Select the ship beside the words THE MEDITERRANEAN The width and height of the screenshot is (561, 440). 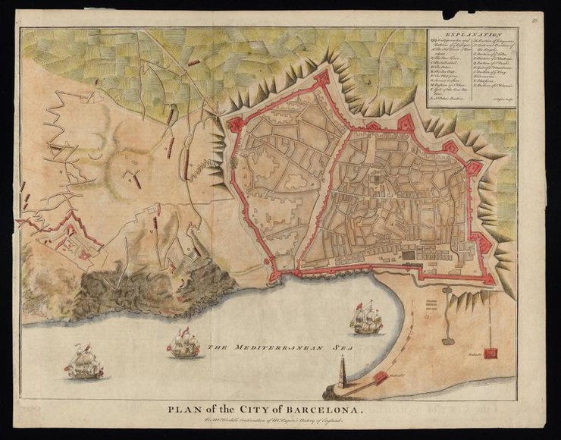click(x=183, y=344)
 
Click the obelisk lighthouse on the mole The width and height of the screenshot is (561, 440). click(x=342, y=372)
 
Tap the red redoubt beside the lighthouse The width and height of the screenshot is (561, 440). click(x=381, y=377)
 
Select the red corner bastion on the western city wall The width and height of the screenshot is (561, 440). click(x=235, y=124)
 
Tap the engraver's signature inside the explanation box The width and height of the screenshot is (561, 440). click(x=500, y=99)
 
